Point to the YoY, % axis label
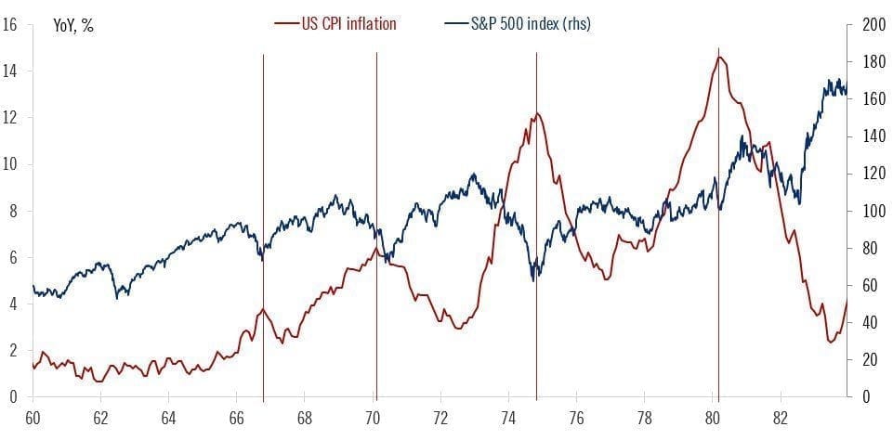pyautogui.click(x=73, y=25)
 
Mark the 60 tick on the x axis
pyautogui.click(x=33, y=417)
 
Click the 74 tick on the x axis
pyautogui.click(x=508, y=417)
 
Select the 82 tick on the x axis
pyautogui.click(x=781, y=417)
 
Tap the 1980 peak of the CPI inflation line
pyautogui.click(x=720, y=58)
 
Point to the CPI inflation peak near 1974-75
pyautogui.click(x=536, y=114)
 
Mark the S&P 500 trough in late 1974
pyautogui.click(x=534, y=279)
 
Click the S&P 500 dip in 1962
pyautogui.click(x=117, y=297)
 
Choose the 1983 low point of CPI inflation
pyautogui.click(x=831, y=343)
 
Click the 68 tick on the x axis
pyautogui.click(x=305, y=417)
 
